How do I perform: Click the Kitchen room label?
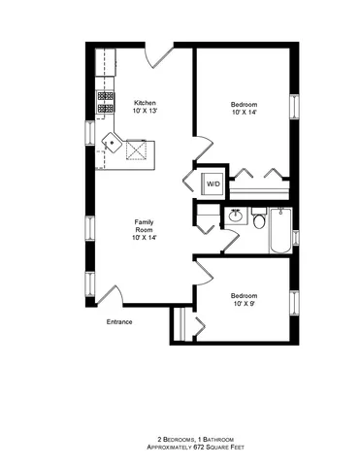(x=145, y=103)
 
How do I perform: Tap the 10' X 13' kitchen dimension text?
(x=145, y=112)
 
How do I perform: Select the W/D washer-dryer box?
(x=213, y=183)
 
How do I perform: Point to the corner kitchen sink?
(x=113, y=144)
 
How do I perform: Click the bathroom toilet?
(x=259, y=221)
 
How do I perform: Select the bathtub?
(x=279, y=231)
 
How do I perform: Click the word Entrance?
(x=119, y=321)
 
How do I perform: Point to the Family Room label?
(x=144, y=226)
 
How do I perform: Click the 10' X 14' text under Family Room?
(x=144, y=238)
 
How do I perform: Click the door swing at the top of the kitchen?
(x=158, y=55)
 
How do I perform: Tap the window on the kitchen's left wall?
(x=92, y=130)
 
